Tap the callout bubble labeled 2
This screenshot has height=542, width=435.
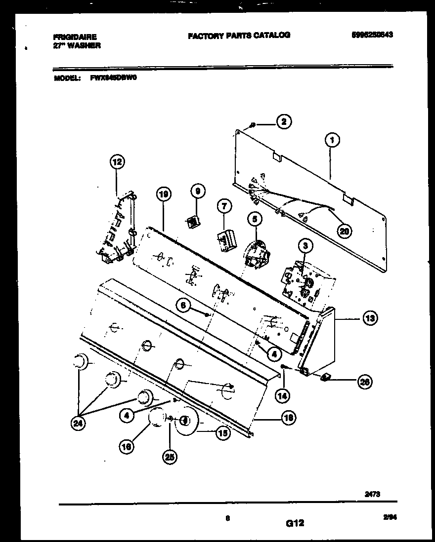click(283, 122)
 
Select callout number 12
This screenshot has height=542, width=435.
click(117, 161)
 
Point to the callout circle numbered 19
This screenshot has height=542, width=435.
click(164, 195)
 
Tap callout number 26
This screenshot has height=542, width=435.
click(365, 381)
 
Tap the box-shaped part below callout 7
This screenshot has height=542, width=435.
click(226, 240)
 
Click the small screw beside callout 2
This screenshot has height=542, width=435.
click(253, 125)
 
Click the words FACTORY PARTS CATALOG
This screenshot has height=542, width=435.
click(239, 35)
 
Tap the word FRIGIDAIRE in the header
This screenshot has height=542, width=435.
click(75, 37)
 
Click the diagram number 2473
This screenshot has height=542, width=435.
click(373, 492)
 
